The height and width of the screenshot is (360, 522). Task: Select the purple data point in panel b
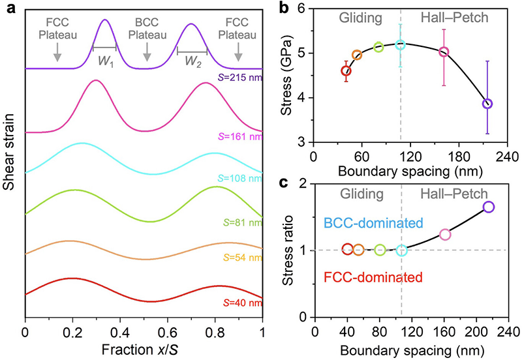pyautogui.click(x=487, y=104)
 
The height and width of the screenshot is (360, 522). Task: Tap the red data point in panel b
pyautogui.click(x=346, y=70)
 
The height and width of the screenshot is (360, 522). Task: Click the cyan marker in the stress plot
pyautogui.click(x=401, y=44)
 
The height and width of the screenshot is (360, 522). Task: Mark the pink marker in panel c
pyautogui.click(x=445, y=234)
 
